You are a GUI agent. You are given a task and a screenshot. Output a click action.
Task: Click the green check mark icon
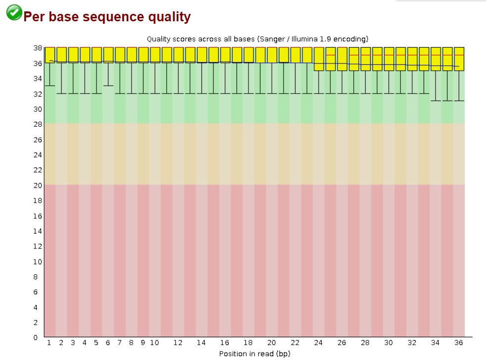[x=14, y=12]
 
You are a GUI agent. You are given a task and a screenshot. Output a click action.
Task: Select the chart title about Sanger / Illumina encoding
[x=257, y=39]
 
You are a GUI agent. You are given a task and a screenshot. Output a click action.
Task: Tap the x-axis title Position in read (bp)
[x=254, y=354]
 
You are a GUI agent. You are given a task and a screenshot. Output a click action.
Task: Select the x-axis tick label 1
[x=49, y=343]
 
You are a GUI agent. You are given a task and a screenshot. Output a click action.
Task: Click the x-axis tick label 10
[x=154, y=343]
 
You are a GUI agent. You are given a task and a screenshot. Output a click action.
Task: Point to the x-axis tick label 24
[x=318, y=343]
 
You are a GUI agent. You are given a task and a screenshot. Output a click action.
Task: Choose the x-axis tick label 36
[x=458, y=343]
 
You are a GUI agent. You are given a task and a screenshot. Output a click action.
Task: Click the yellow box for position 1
[x=50, y=55]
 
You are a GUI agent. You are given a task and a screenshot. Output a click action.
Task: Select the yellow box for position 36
[x=459, y=59]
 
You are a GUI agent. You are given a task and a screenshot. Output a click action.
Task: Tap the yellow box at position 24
[x=319, y=59]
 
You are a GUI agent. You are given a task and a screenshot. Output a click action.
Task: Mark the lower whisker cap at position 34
[x=436, y=101]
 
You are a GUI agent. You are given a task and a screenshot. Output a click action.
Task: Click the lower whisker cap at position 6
[x=108, y=86]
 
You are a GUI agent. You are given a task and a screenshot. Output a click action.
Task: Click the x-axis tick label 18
[x=248, y=343]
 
